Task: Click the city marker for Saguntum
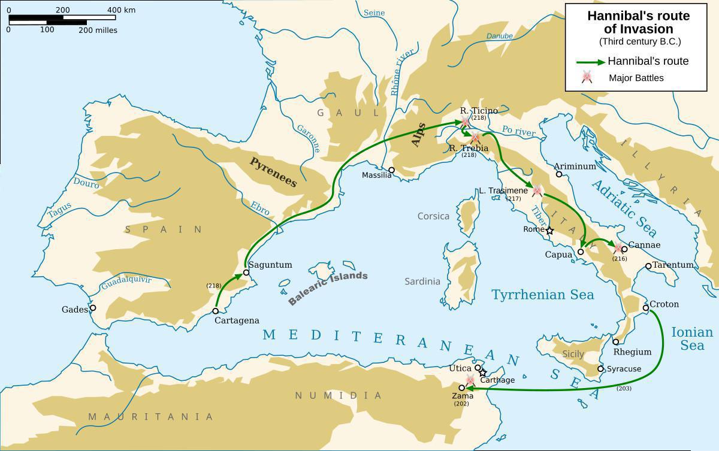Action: tap(246, 273)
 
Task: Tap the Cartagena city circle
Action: tap(216, 311)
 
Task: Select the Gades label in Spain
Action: tap(74, 310)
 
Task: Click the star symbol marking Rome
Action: tap(549, 230)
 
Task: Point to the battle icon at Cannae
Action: tap(618, 248)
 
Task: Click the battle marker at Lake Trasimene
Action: tap(537, 191)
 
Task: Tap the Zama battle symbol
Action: tap(470, 380)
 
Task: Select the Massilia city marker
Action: tap(391, 170)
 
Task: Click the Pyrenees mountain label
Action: tap(273, 172)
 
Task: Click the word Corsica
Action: tap(433, 216)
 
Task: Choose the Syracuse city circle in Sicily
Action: tap(601, 369)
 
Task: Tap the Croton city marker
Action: tap(646, 308)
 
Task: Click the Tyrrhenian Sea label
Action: tap(542, 295)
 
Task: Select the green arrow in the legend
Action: tap(590, 62)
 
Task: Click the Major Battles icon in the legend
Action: tap(587, 77)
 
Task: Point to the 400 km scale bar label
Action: tap(122, 10)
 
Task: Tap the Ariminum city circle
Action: tap(559, 174)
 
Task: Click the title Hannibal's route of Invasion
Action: tap(638, 23)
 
